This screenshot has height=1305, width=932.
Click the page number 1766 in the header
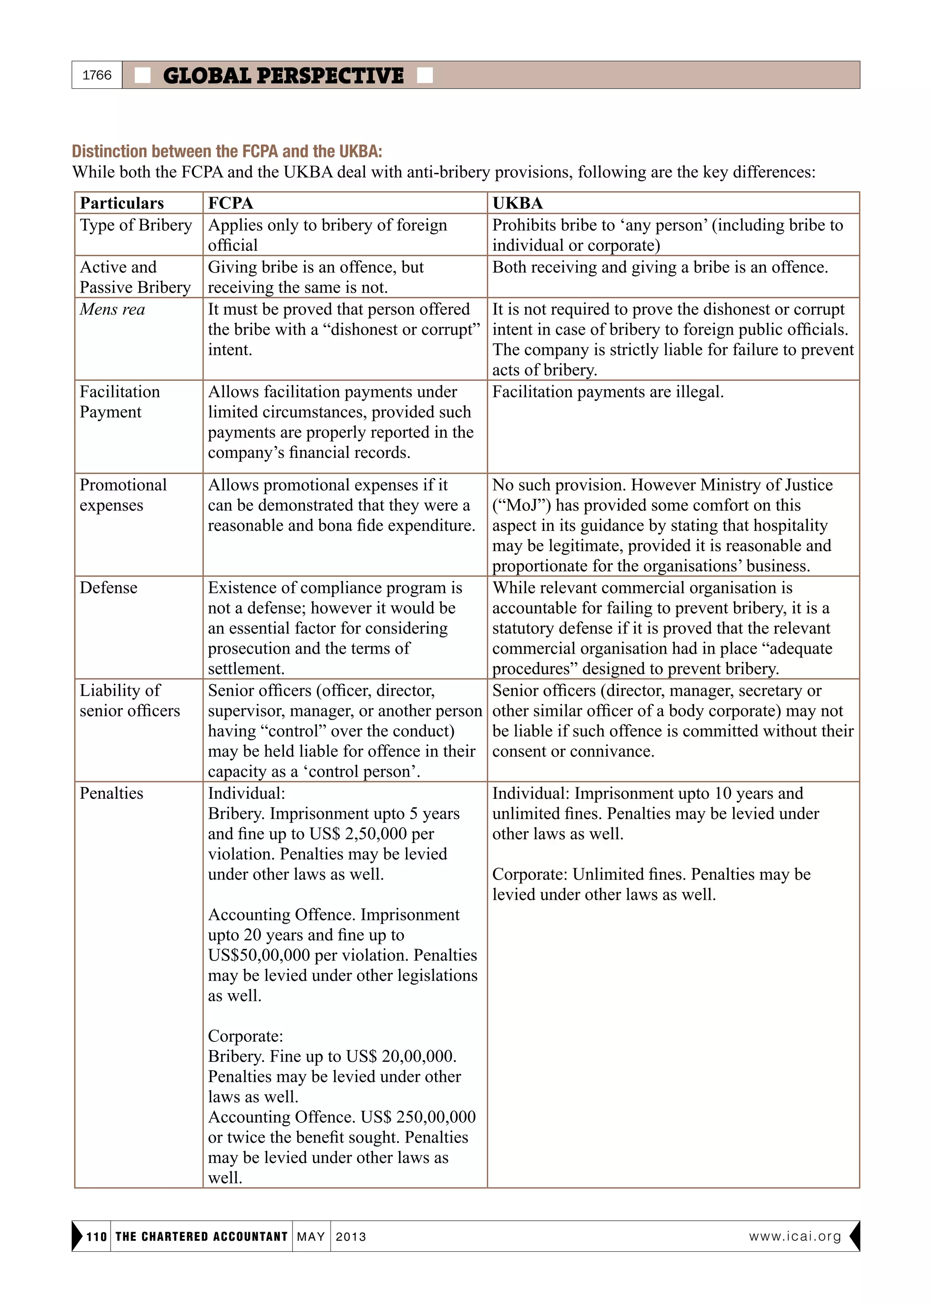(x=97, y=75)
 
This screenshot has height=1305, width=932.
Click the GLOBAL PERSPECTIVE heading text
(x=283, y=76)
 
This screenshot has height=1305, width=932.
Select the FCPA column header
(x=230, y=203)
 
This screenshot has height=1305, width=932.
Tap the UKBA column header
(x=517, y=203)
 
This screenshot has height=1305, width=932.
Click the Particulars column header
(x=122, y=203)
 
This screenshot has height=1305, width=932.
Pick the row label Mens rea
(x=112, y=310)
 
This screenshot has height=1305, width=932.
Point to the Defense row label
(x=108, y=588)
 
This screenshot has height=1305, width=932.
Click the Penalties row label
(x=111, y=793)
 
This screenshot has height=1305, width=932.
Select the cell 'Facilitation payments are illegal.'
(x=608, y=392)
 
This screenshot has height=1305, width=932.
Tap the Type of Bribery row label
(x=136, y=225)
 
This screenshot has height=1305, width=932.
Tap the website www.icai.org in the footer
(x=795, y=1236)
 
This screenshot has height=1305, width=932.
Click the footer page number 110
(x=96, y=1237)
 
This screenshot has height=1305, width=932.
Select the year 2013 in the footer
(x=351, y=1237)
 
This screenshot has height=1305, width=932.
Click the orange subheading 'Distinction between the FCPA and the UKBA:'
(x=227, y=152)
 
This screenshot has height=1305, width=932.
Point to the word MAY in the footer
(x=311, y=1237)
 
